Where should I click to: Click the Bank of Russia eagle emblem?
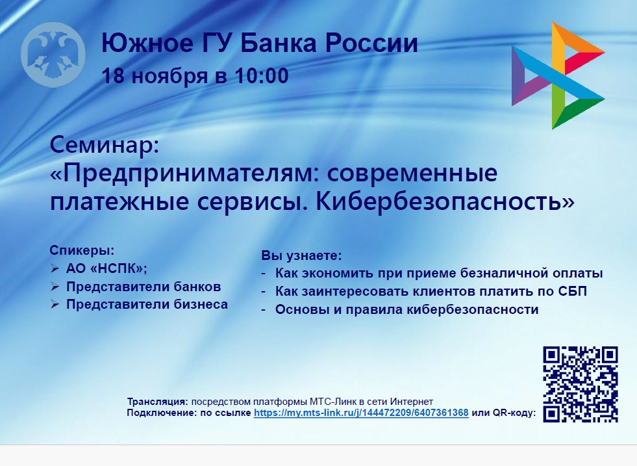[53, 55]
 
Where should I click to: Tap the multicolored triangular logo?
[558, 75]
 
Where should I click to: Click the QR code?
[581, 384]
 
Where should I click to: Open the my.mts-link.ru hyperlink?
[361, 413]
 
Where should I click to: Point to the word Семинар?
[105, 144]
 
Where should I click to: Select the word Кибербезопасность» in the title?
[445, 201]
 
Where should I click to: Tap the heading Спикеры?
[82, 250]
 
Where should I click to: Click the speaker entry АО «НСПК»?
[106, 268]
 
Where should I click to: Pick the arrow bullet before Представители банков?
[55, 287]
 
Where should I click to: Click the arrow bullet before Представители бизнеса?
[55, 305]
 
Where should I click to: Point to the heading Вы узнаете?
[301, 256]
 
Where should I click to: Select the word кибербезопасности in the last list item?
[473, 309]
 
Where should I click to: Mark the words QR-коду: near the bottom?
[514, 413]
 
